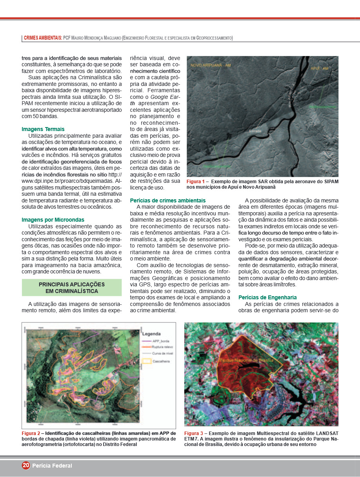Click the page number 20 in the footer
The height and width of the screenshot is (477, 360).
coord(26,466)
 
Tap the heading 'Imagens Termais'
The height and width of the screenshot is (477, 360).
coord(43,129)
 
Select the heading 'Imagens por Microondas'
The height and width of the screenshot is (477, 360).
coord(53,220)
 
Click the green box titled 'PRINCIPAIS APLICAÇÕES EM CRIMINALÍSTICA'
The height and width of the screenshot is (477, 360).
coord(72,288)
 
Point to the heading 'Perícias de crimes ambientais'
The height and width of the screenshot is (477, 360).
coord(168,200)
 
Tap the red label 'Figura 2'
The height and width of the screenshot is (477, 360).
coord(31,433)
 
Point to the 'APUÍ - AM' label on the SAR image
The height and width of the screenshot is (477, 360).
coord(319,68)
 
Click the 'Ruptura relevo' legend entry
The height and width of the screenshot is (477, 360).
coord(163,347)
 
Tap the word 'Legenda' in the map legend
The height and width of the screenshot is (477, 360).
coord(151,334)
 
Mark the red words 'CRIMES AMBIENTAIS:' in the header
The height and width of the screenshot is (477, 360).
coord(43,38)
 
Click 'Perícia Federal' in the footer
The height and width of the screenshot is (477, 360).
coord(52,466)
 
